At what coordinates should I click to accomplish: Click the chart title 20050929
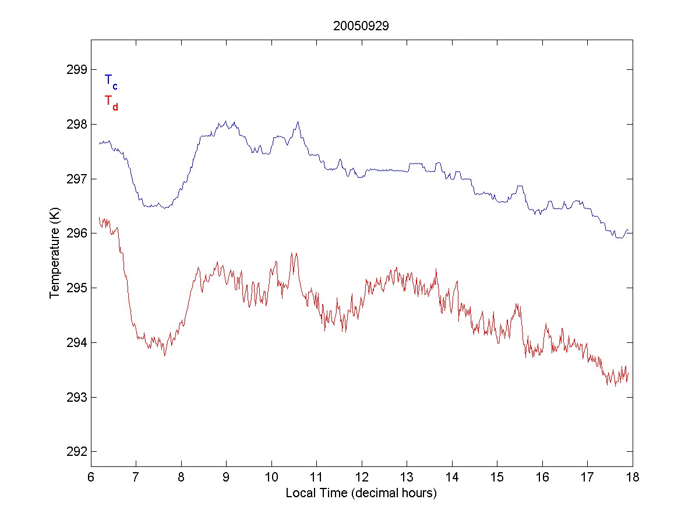click(361, 26)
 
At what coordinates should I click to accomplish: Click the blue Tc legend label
click(111, 82)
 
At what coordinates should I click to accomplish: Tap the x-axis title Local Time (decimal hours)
click(361, 493)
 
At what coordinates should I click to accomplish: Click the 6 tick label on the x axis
click(91, 477)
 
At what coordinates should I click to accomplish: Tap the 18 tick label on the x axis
click(633, 477)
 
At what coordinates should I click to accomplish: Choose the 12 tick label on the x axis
click(362, 477)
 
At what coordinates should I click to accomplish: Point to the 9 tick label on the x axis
click(226, 477)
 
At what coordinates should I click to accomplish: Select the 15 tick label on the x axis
click(497, 477)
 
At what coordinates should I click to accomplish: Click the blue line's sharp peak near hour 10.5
click(298, 122)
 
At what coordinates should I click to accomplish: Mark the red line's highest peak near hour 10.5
click(295, 253)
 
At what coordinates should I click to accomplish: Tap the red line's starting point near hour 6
click(99, 218)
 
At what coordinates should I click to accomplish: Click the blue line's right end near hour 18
click(628, 231)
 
